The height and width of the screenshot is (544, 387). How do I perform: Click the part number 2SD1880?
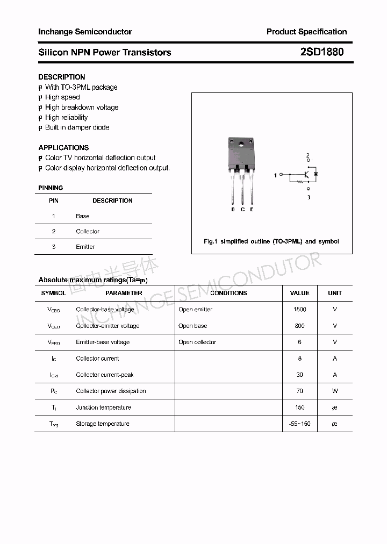(322, 52)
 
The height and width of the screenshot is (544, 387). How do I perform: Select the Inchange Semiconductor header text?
(85, 32)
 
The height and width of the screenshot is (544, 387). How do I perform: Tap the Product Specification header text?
(306, 32)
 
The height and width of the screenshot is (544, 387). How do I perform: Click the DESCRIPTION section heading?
(62, 77)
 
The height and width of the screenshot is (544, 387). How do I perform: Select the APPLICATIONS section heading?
(63, 147)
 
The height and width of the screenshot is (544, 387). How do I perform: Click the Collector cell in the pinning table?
(88, 231)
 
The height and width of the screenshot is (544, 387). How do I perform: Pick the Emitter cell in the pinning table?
(85, 247)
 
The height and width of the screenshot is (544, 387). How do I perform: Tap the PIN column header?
(54, 201)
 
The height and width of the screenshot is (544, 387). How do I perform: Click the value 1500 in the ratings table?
(299, 309)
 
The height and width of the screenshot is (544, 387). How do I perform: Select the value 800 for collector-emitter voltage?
(299, 326)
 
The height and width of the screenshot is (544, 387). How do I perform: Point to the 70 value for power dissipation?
(299, 391)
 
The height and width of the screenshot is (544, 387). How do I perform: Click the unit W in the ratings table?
(335, 391)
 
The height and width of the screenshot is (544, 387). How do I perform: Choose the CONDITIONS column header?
(228, 293)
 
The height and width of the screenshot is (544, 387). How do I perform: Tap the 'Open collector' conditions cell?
(197, 342)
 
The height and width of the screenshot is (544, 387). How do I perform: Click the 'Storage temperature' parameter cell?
(103, 424)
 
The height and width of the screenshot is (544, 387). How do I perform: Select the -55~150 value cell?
(299, 424)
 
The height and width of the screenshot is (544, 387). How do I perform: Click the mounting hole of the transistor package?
(242, 144)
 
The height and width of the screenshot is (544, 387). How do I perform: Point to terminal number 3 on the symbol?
(309, 197)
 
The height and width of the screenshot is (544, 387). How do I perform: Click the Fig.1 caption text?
(271, 241)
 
